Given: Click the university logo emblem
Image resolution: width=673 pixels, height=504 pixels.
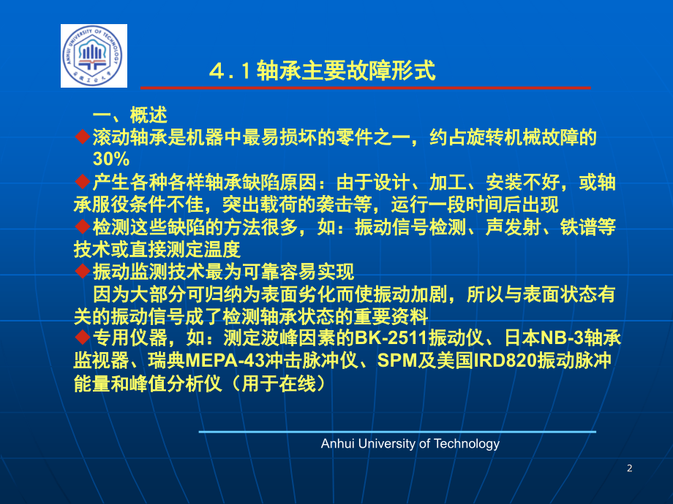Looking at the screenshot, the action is click(94, 56).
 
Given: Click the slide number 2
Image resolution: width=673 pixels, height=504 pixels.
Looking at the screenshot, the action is click(629, 468).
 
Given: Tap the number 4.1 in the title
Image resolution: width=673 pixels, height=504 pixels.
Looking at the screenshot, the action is click(230, 71).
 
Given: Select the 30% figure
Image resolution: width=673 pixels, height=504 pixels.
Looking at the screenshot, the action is click(111, 159).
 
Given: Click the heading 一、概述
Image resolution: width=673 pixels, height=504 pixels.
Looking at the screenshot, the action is click(130, 115).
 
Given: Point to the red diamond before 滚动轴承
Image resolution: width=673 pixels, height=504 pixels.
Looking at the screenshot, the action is click(83, 137).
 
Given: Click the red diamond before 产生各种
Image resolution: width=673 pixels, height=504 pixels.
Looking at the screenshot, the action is click(83, 182).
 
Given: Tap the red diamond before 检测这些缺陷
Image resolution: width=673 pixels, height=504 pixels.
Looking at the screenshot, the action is click(83, 226).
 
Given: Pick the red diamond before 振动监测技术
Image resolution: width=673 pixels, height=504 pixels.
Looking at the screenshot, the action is click(83, 271).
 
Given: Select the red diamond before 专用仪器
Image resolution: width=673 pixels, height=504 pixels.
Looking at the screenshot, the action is click(83, 337).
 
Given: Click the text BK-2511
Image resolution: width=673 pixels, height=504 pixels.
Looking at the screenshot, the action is click(391, 338).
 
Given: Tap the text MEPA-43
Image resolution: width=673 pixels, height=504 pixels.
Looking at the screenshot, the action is click(225, 360).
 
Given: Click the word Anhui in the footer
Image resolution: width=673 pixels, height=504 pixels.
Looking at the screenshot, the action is click(337, 443).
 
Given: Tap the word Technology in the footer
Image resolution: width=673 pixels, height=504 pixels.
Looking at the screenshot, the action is click(467, 444).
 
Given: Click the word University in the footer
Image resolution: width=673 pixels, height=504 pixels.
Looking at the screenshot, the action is click(387, 444).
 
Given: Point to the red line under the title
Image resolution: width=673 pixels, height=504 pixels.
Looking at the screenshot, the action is click(366, 88).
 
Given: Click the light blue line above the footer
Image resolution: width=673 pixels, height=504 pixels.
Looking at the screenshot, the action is click(397, 432).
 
